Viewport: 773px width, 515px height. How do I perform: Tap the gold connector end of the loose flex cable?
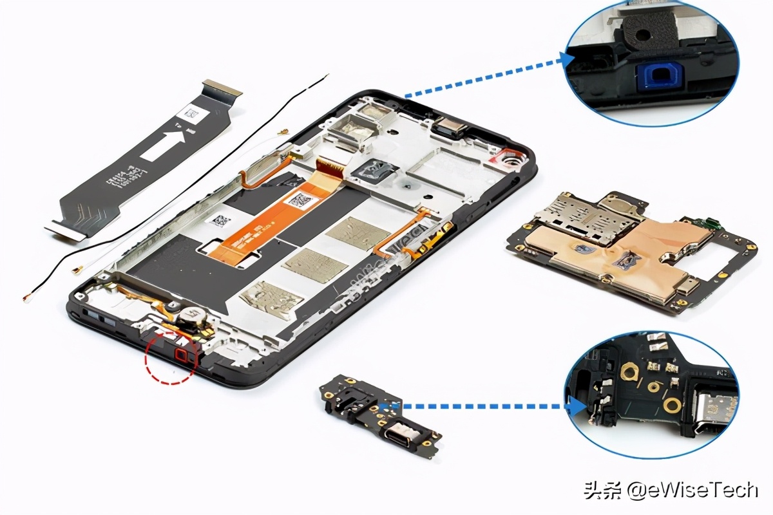222,88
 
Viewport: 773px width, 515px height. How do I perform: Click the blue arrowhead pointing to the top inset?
567,60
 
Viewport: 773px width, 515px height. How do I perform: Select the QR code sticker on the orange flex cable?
299,201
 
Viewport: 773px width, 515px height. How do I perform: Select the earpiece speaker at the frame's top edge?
451,127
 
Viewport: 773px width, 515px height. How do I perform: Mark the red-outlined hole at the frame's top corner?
512,158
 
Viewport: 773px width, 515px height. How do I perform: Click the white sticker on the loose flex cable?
194,114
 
